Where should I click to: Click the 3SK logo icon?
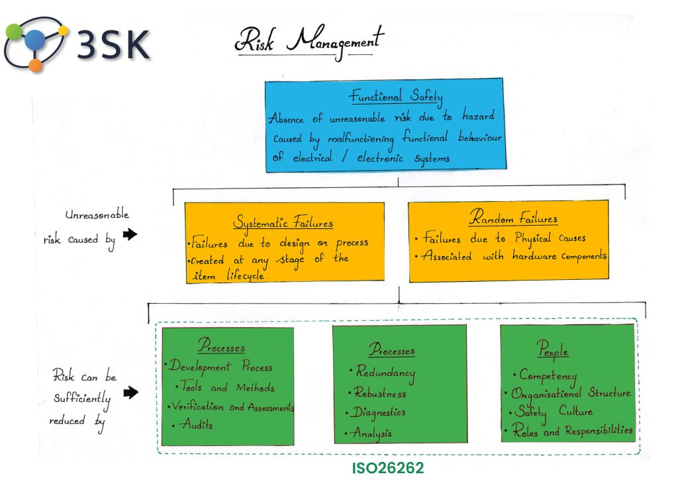(x=34, y=44)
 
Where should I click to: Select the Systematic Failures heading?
(x=283, y=223)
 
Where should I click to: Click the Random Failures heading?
(x=513, y=218)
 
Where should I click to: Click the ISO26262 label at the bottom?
(x=388, y=468)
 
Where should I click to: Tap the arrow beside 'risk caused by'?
(x=130, y=234)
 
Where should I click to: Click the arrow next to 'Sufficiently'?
(x=130, y=393)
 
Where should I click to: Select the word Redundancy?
(x=385, y=373)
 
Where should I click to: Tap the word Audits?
(x=196, y=425)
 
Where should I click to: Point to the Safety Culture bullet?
(x=554, y=412)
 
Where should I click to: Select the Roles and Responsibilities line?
(x=573, y=431)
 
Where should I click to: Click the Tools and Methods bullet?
(x=227, y=388)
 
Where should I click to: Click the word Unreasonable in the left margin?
(x=97, y=216)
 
